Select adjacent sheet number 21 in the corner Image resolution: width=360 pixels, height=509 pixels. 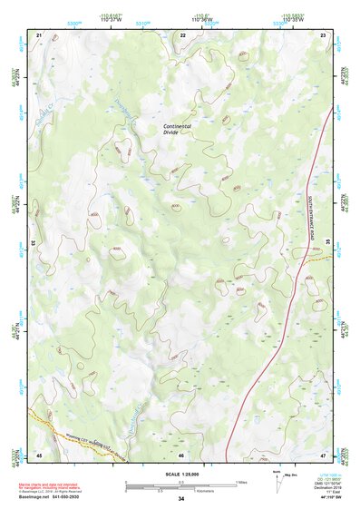[39, 34]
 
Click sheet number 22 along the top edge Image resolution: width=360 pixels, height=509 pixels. [183, 34]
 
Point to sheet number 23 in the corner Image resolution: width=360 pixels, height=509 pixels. [324, 34]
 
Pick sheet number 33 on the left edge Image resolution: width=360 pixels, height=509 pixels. [34, 243]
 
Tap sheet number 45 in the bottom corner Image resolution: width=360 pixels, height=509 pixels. [39, 454]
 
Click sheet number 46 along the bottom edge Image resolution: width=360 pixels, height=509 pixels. [181, 454]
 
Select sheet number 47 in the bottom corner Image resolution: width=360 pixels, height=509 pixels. [324, 454]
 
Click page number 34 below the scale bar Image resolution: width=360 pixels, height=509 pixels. [181, 499]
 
